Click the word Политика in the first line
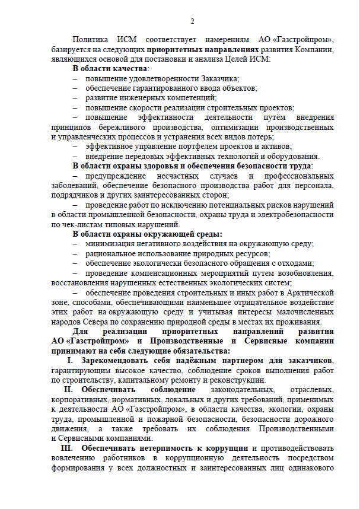coord(91,40)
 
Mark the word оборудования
coord(292,156)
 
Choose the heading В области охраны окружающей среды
coord(147,234)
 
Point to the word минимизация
coord(110,244)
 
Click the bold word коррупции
coord(228,448)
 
